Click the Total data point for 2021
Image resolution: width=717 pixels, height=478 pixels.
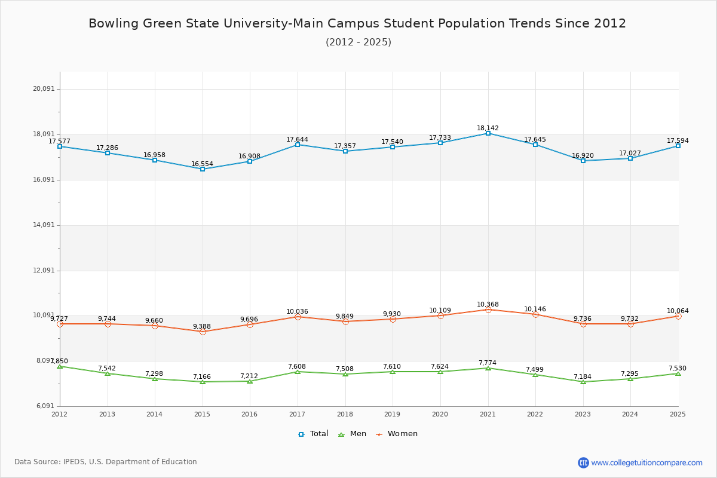[x=488, y=133]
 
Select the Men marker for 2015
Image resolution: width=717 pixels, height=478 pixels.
[x=203, y=382]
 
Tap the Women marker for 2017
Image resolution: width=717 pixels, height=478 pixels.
[x=298, y=317]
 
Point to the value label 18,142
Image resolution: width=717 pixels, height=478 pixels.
[x=488, y=128]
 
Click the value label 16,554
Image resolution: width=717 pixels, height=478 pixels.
[x=202, y=164]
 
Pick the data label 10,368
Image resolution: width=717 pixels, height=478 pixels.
[x=488, y=304]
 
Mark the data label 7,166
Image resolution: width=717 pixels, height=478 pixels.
[x=202, y=376]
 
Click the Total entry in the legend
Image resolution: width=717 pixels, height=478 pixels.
[x=313, y=434]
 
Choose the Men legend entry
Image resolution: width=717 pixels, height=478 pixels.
[x=353, y=434]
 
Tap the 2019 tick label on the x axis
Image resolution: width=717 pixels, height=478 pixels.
[x=392, y=414]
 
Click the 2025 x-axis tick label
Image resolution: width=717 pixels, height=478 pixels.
[x=678, y=414]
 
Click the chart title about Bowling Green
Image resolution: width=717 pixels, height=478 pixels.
[x=357, y=23]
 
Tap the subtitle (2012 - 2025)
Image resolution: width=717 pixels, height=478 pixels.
[x=358, y=42]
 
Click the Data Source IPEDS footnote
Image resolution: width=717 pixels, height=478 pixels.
[x=106, y=462]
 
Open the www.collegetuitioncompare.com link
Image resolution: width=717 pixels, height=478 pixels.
[x=646, y=462]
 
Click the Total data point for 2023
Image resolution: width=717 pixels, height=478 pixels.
[x=583, y=161]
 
